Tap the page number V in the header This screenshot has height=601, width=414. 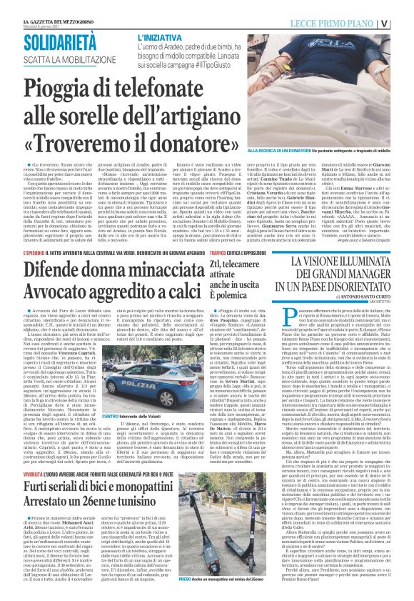405,22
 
